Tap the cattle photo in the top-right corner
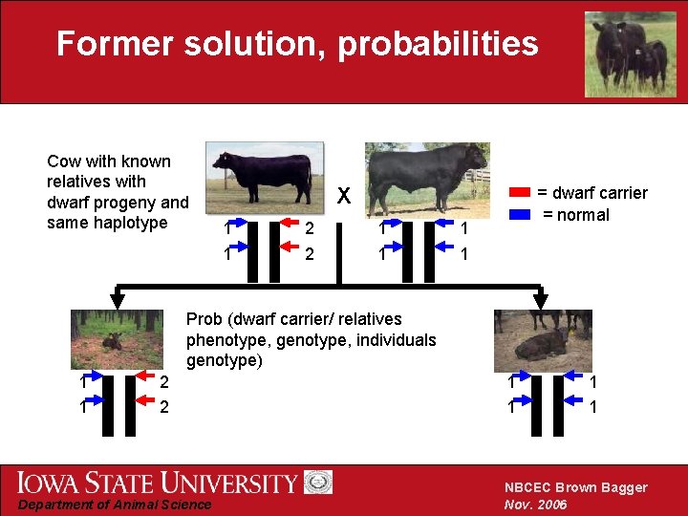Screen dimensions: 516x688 pos(630,54)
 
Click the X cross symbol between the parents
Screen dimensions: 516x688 pos(344,197)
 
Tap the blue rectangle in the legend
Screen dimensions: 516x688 pos(520,215)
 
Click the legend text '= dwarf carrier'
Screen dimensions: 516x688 pos(591,194)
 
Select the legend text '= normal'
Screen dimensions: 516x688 pos(576,215)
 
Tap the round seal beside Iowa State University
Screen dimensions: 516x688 pos(318,483)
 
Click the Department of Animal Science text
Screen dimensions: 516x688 pos(116,505)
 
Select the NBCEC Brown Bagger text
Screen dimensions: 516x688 pos(575,487)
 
